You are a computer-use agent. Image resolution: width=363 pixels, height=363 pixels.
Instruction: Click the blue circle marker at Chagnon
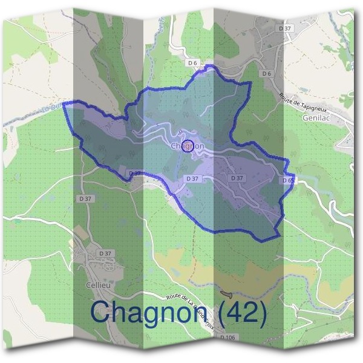(x=188, y=145)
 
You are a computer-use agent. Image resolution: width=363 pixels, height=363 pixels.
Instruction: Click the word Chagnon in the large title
(x=149, y=312)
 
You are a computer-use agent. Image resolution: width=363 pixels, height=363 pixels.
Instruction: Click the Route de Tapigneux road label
(x=299, y=104)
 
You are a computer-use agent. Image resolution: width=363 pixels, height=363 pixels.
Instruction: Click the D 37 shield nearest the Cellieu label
(x=105, y=253)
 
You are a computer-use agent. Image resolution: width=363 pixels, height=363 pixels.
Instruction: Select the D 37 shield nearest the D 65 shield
(x=237, y=178)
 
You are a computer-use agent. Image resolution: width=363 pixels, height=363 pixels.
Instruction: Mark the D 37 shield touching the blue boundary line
(x=134, y=173)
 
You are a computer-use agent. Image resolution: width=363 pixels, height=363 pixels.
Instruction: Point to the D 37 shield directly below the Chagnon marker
(x=192, y=178)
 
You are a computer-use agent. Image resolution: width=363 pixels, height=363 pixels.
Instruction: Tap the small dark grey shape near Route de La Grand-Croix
(x=227, y=293)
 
